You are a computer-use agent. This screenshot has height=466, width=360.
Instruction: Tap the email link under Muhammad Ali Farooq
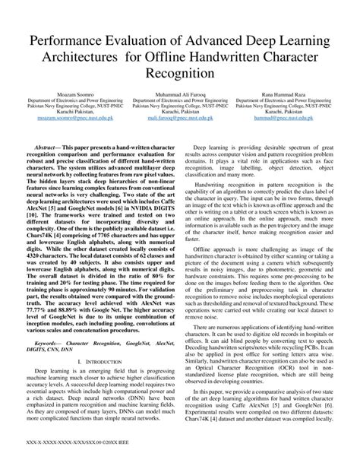point(180,120)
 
